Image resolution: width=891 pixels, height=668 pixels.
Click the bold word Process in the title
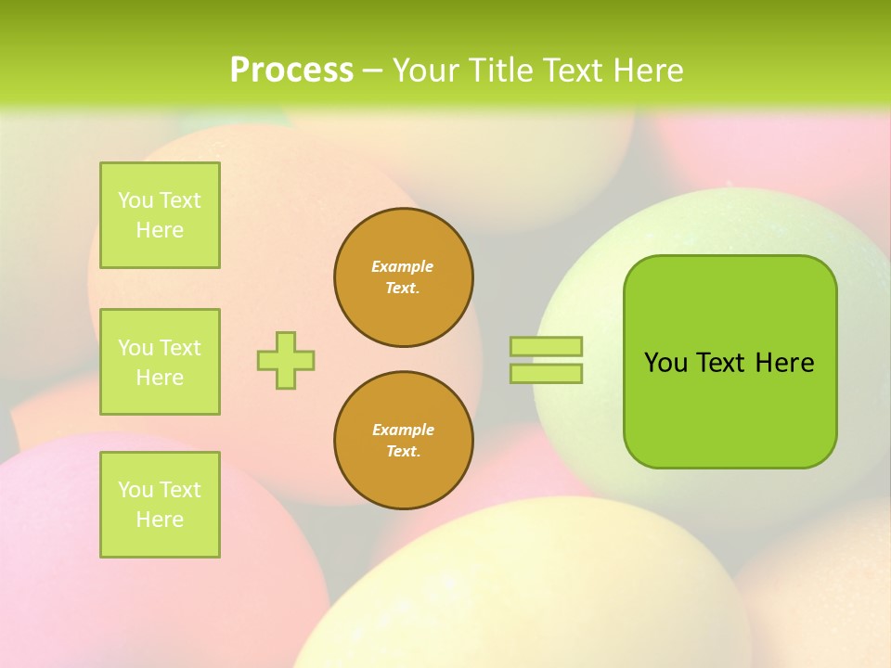[x=291, y=70]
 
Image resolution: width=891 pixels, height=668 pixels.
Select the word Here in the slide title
[x=647, y=70]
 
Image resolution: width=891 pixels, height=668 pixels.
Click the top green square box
[x=160, y=215]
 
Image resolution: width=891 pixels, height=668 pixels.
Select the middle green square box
[x=160, y=362]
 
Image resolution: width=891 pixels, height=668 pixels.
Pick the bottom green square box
[x=160, y=505]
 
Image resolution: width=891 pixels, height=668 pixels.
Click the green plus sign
[x=286, y=360]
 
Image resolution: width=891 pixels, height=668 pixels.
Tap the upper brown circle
[x=404, y=277]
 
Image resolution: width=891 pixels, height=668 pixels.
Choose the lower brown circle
[x=404, y=441]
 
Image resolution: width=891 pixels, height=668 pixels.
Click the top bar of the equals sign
[x=547, y=347]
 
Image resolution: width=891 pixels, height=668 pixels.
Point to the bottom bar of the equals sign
[x=547, y=374]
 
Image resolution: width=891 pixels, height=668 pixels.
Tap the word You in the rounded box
[x=665, y=363]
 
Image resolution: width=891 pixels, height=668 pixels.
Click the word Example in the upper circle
[x=402, y=266]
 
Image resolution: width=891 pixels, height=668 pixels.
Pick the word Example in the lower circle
[x=403, y=430]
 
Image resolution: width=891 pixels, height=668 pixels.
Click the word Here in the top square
[x=160, y=230]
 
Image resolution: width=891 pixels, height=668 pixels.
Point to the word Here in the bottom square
[x=160, y=520]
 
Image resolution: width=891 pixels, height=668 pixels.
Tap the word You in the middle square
[x=136, y=348]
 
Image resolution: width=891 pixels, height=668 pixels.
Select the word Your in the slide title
[x=425, y=70]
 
